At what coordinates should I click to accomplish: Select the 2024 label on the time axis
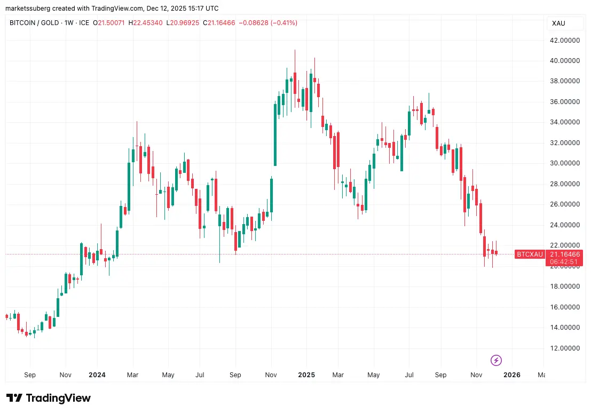click(97, 375)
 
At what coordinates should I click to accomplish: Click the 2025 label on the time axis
click(306, 375)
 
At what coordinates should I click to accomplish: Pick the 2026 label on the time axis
click(511, 375)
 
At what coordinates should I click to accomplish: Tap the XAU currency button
click(559, 23)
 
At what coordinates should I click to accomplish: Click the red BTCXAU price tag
click(529, 254)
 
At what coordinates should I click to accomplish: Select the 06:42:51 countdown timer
click(564, 262)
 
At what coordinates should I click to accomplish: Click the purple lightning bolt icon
click(496, 360)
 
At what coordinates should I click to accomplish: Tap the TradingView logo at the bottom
click(49, 398)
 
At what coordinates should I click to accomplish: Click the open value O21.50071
click(109, 23)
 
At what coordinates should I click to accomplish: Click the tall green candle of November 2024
click(275, 134)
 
